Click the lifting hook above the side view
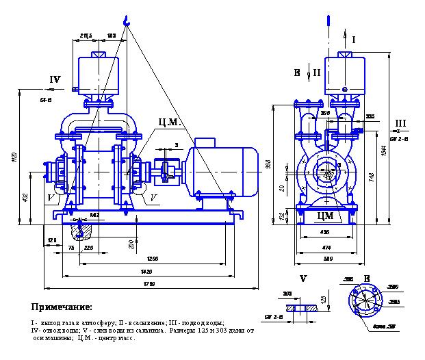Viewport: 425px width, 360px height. [x=126, y=23]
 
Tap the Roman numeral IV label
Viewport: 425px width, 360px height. [x=55, y=79]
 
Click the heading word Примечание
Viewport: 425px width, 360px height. [x=62, y=307]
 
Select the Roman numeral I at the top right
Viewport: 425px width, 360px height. [x=353, y=41]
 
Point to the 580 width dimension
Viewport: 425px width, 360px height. [x=329, y=258]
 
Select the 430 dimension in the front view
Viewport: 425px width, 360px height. [x=326, y=231]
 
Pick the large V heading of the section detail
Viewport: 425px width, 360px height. [x=303, y=279]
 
